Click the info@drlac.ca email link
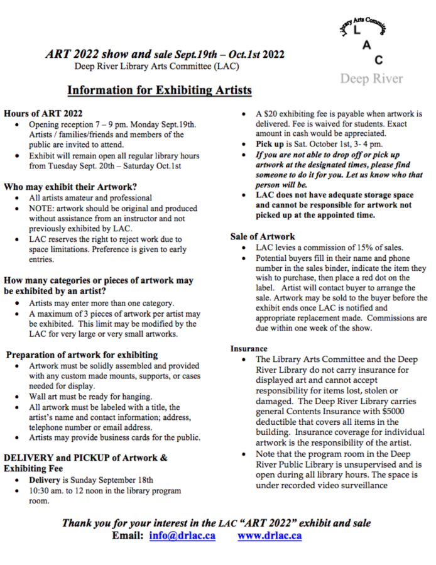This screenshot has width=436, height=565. point(182,536)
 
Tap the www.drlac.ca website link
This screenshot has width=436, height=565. point(270,536)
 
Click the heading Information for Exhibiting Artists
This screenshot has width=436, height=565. point(160,91)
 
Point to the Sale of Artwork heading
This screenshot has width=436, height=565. point(263,236)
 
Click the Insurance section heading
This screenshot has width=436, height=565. point(248,348)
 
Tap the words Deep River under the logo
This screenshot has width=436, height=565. point(371,79)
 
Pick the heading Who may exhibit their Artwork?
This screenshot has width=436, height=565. point(70,187)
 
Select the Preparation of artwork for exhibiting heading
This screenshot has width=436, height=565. point(82,355)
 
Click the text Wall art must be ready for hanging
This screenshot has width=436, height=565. point(90,397)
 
